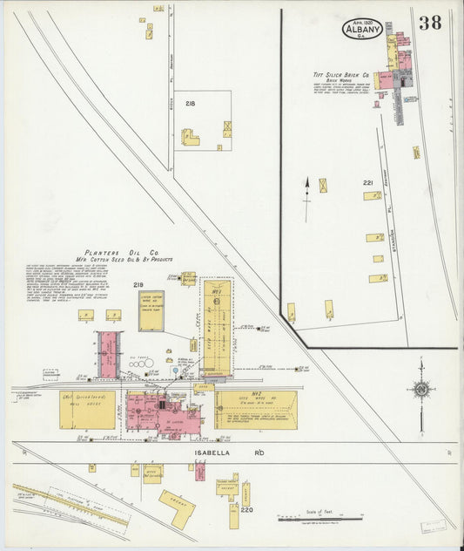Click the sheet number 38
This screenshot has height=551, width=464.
pyautogui.click(x=429, y=23)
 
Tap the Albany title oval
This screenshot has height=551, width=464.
pyautogui.click(x=361, y=28)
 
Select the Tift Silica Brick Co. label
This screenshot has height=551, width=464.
pyautogui.click(x=341, y=76)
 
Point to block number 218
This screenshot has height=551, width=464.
pyautogui.click(x=190, y=103)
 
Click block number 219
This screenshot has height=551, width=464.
pyautogui.click(x=138, y=284)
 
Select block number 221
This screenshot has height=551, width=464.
pyautogui.click(x=368, y=182)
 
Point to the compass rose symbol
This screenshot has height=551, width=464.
pyautogui.click(x=421, y=389)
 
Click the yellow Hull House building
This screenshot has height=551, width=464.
pyautogui.click(x=87, y=409)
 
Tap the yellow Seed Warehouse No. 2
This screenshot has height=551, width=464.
pyautogui.click(x=256, y=408)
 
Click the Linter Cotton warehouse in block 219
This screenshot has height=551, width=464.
pyautogui.click(x=151, y=310)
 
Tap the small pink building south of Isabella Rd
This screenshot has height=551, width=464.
pyautogui.click(x=200, y=472)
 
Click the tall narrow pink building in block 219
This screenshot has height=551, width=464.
pyautogui.click(x=108, y=354)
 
